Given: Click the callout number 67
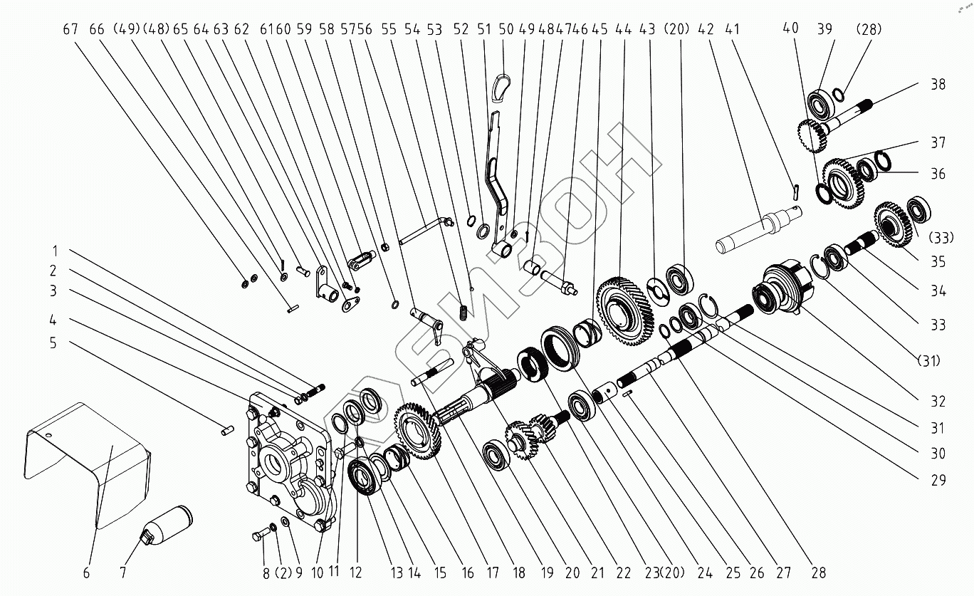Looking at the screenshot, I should pos(70,29).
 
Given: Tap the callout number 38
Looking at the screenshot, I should pos(938,84).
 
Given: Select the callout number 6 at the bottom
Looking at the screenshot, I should pos(86,573).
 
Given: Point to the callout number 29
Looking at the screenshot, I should pos(938,480).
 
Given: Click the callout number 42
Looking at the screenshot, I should pos(706,29).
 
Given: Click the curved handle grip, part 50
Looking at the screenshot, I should pos(503,83).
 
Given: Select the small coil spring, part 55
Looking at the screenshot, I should pos(464,311).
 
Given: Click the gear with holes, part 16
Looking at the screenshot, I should pos(417,433).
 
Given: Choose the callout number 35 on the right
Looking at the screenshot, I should pos(938,261).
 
